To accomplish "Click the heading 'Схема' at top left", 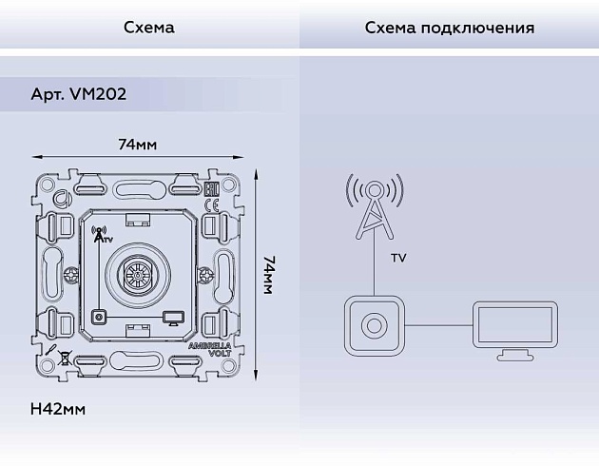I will (148, 27).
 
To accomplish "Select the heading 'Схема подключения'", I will (449, 27).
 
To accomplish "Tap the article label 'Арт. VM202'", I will (78, 94).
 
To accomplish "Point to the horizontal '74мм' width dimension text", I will (137, 145).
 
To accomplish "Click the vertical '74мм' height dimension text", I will (269, 274).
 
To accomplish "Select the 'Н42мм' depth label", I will (58, 409).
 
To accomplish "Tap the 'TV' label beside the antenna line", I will (399, 259).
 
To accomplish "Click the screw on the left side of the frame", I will (70, 277).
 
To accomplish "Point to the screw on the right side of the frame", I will (203, 277).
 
